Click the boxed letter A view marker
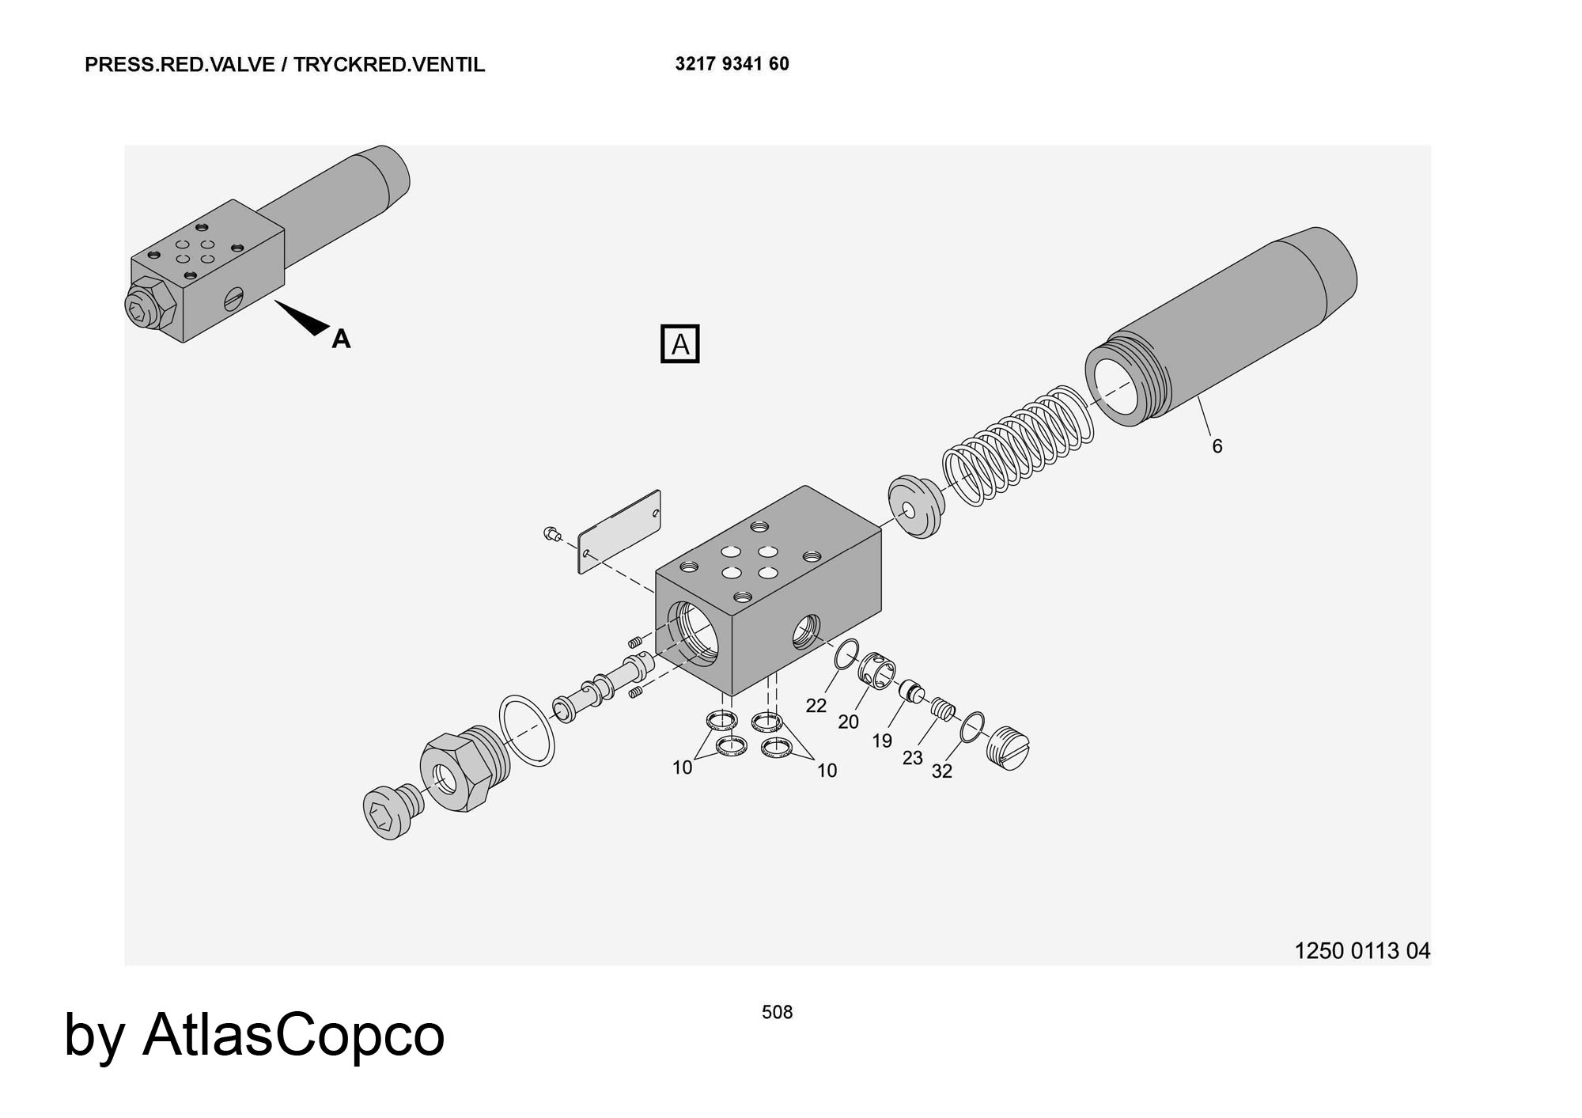[679, 345]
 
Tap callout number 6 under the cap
[1217, 446]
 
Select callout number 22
[816, 705]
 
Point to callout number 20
[848, 722]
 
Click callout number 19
[882, 741]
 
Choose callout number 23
[912, 758]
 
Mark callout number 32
[941, 771]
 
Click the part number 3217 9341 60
[732, 64]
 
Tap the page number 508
[777, 1012]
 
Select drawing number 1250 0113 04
[1361, 950]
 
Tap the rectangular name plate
[619, 532]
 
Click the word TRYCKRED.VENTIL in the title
[389, 65]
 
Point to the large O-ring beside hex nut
[527, 730]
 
